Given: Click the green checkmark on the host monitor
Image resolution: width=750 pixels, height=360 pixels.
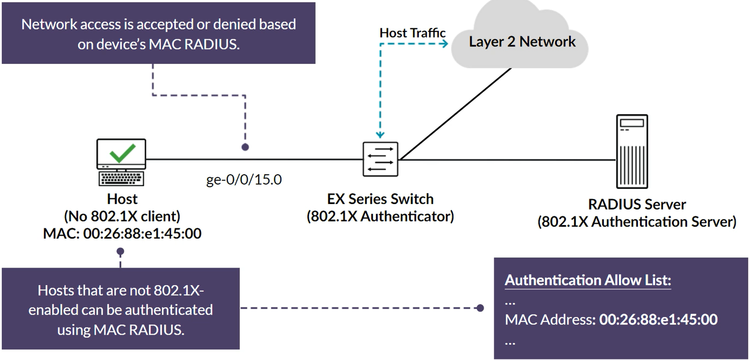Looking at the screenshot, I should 122,153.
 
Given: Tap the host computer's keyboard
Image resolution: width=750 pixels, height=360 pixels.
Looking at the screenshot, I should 121,178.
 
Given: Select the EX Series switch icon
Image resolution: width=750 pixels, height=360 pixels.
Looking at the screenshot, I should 380,159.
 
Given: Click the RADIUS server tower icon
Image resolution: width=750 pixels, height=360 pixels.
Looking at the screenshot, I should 632,152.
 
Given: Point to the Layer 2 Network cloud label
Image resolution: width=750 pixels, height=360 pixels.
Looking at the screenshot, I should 522,42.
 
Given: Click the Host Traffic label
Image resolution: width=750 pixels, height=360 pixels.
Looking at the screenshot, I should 412,33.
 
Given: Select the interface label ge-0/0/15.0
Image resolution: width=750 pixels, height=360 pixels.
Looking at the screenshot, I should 244,180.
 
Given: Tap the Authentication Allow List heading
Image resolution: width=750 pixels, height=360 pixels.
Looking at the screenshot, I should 588,280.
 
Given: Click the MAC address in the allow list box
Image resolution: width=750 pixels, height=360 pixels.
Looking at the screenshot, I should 658,320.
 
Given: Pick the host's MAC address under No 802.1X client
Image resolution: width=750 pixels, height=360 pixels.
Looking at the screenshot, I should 142,233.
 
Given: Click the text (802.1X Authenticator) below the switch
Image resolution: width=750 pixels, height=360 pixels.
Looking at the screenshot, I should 380,216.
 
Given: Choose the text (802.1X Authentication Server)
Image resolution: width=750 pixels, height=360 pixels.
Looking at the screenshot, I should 637,222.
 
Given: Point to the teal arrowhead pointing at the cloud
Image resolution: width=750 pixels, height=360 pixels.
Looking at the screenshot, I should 444,43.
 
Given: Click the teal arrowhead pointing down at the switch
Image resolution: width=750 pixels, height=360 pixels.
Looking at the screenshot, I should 380,135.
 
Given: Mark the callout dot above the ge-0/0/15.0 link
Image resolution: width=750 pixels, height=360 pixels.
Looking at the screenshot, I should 245,147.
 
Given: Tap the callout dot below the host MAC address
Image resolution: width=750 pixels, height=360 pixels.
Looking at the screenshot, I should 120,251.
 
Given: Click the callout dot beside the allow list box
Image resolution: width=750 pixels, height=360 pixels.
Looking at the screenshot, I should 480,308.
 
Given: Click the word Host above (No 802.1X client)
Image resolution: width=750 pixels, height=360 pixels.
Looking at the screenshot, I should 122,199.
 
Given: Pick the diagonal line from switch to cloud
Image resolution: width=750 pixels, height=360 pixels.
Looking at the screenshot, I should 455,114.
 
